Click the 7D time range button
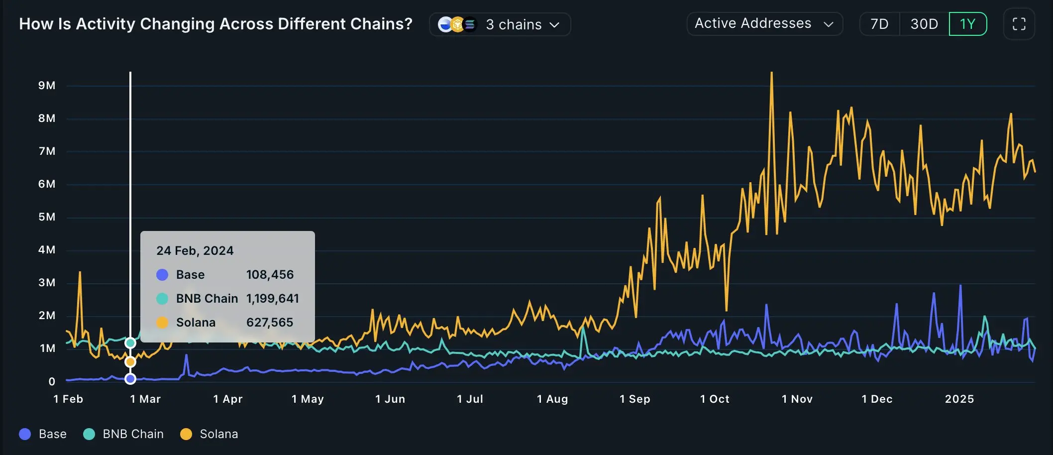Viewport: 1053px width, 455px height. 879,24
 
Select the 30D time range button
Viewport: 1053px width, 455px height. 924,24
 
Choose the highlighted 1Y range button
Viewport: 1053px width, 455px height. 967,24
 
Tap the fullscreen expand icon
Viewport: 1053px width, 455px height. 1019,24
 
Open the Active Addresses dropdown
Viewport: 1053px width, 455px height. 764,24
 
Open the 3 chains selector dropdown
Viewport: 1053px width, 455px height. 500,24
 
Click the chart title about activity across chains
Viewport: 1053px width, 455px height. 215,24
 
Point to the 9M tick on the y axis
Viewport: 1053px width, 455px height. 47,86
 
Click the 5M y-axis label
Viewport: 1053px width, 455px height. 47,217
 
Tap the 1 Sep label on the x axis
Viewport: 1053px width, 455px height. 634,399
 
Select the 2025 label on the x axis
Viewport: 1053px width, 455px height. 959,399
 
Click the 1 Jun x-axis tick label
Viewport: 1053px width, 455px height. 390,399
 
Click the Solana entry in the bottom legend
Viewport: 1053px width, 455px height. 209,434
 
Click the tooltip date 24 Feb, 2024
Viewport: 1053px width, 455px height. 195,250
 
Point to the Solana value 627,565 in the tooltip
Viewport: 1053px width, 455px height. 270,323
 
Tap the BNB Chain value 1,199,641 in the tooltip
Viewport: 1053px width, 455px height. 272,299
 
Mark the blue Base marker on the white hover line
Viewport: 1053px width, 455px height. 130,379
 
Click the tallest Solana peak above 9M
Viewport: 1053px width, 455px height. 771,73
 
